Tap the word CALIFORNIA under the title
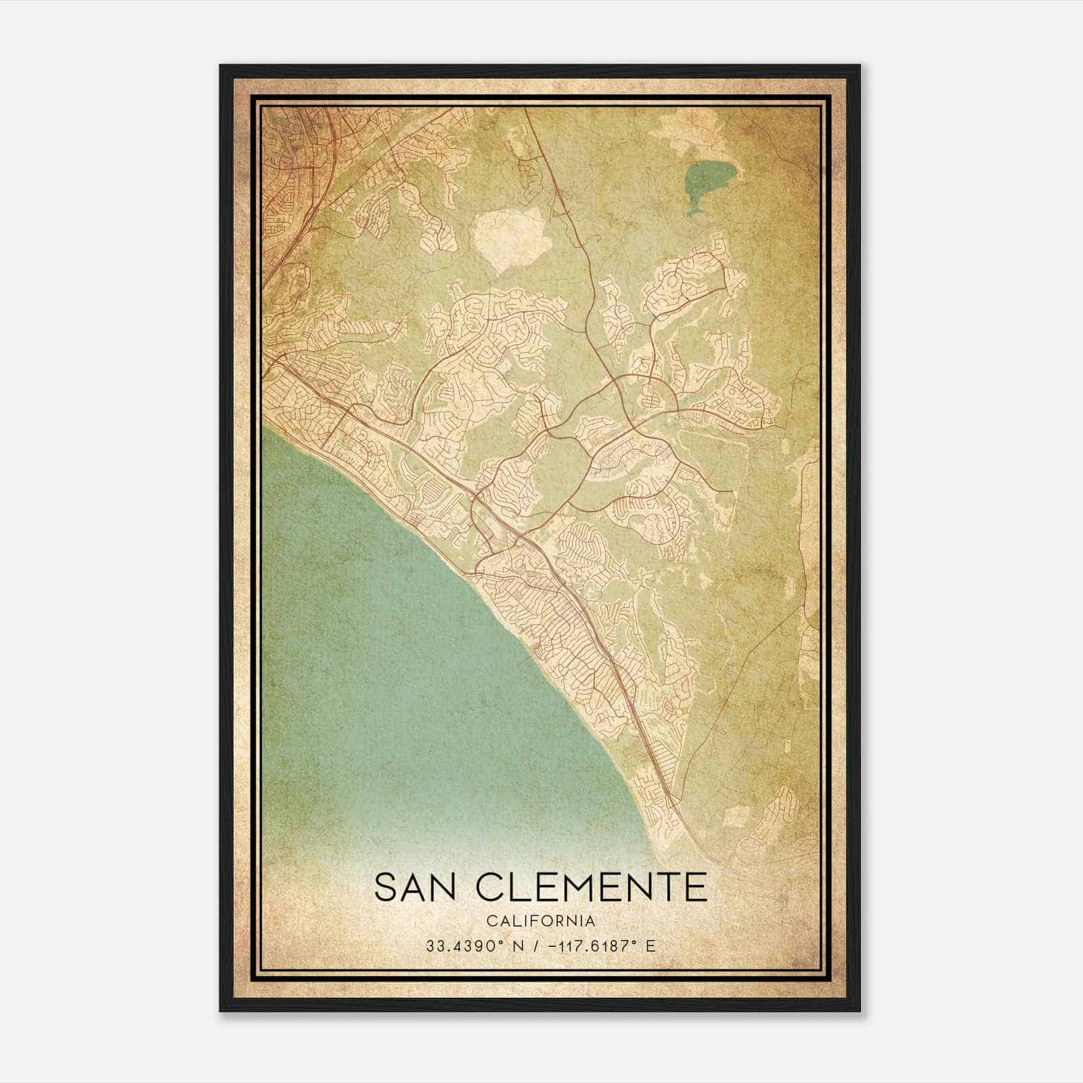click(x=540, y=921)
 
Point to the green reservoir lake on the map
click(x=703, y=181)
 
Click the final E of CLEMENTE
click(x=696, y=887)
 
